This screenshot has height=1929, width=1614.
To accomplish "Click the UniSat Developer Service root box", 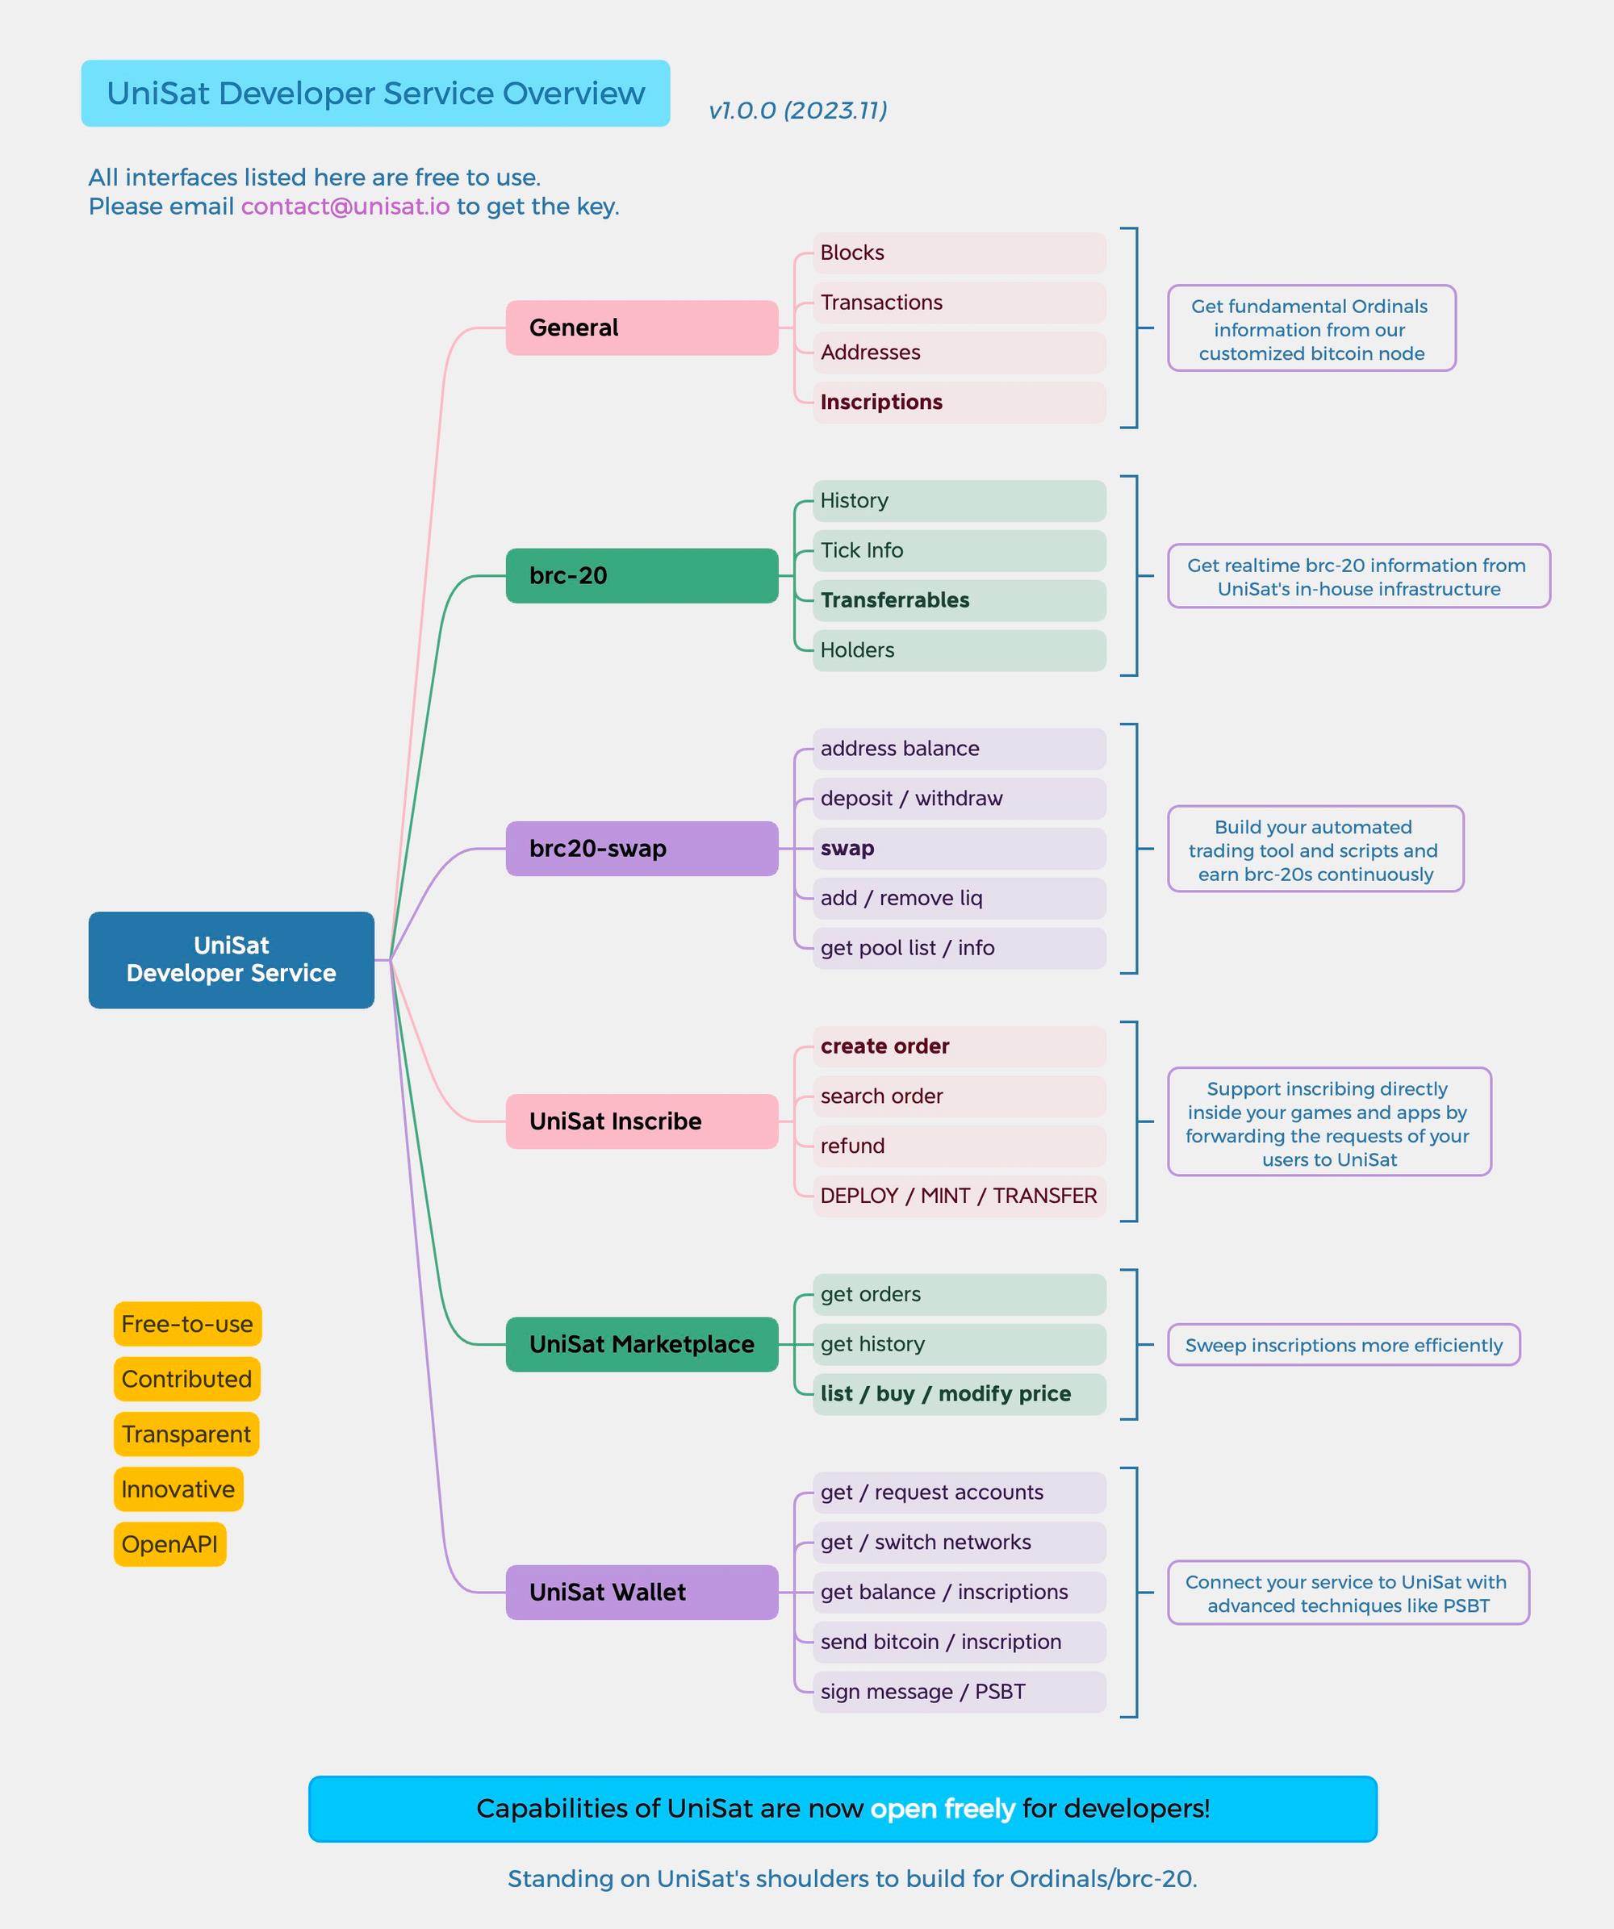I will click(231, 960).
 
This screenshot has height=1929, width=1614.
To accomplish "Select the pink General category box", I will click(642, 328).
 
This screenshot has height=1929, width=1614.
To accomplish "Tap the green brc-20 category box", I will click(642, 576).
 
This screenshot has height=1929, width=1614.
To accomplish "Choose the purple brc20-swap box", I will click(642, 849).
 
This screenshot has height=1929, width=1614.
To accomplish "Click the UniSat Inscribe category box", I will click(642, 1121).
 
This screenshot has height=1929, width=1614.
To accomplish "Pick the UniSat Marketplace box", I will click(642, 1345).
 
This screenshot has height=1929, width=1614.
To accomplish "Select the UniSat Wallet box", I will click(642, 1593).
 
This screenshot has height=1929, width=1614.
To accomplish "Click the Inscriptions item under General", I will click(958, 403).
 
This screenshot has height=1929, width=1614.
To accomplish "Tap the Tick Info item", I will click(958, 550).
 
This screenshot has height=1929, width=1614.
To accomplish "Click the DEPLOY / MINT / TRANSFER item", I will click(958, 1196).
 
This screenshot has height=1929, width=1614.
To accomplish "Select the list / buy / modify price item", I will click(958, 1394).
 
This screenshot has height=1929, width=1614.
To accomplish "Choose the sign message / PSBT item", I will click(958, 1692).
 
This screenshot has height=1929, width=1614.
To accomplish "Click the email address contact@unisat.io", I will click(345, 207).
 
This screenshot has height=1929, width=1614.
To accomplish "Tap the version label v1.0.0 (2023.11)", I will click(797, 111).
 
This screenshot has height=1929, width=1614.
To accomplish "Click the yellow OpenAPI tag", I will click(170, 1544).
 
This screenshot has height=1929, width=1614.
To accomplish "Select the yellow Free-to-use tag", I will click(187, 1324).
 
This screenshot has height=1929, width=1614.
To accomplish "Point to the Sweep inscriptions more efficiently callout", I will click(1343, 1345).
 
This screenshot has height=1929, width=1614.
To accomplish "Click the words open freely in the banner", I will click(943, 1809).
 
